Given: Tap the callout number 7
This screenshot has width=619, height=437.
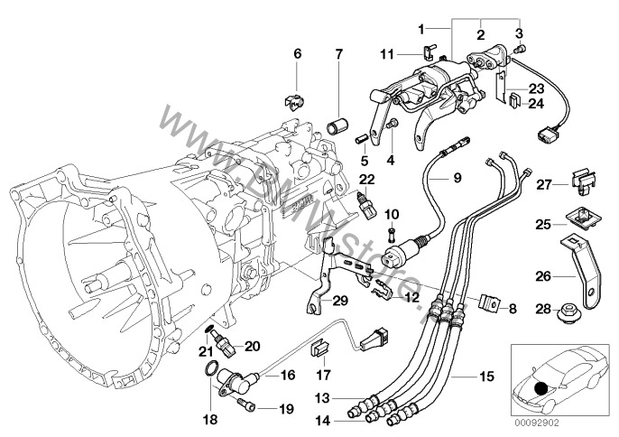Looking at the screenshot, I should coord(338,54).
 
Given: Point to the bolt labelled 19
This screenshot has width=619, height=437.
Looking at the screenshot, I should coord(245,404).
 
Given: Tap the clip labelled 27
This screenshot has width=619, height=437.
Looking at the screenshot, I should coord(582,184).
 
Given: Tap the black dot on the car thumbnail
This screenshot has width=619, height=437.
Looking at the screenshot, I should coord(540,387).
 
